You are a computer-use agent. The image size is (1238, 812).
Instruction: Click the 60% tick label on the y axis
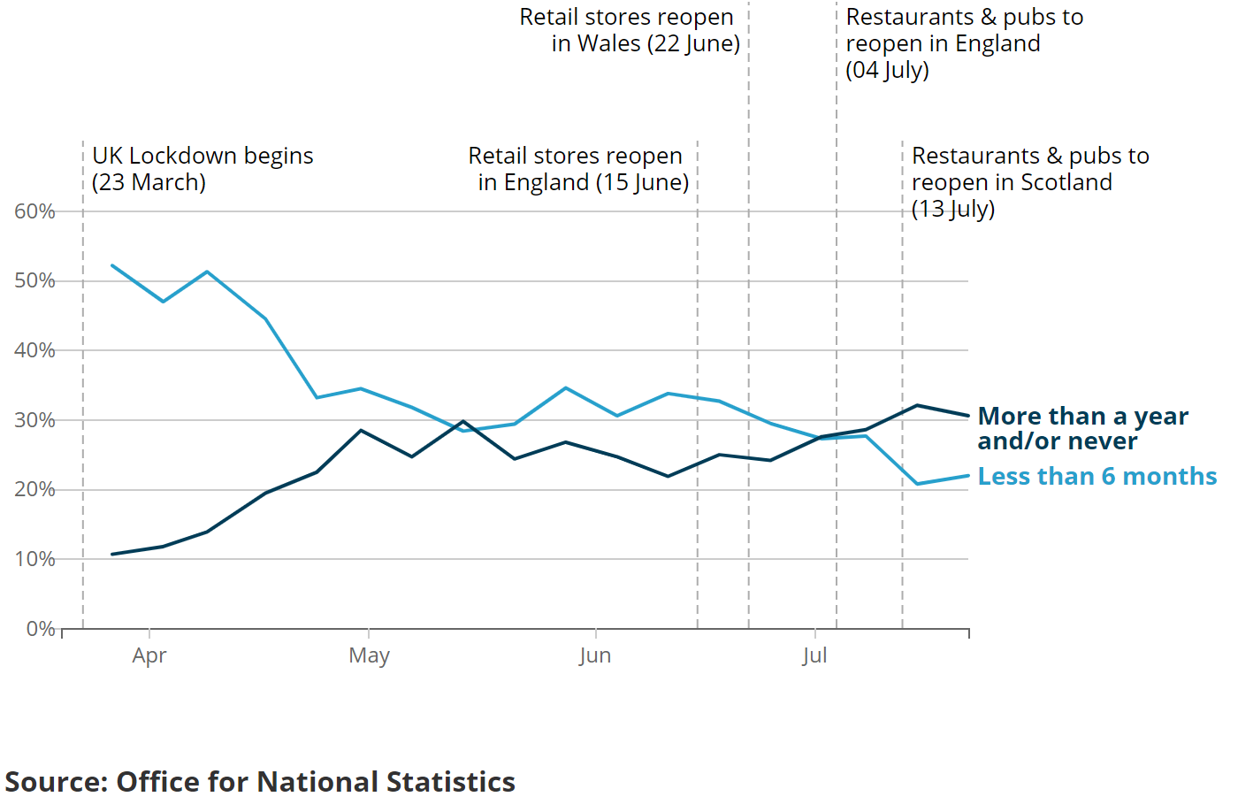34,211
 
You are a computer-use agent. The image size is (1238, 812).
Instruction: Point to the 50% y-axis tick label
34,280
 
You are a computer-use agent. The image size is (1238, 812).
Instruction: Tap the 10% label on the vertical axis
34,559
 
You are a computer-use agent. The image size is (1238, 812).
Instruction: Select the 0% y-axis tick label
41,629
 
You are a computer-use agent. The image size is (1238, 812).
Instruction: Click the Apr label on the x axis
149,655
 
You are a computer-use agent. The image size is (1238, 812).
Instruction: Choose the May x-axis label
369,655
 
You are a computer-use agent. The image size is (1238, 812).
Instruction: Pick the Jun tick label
595,655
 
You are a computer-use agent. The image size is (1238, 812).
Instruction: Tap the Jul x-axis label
814,655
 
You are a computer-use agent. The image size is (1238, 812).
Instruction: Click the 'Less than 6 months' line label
1097,477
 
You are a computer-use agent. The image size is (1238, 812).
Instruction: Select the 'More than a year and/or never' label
1082,428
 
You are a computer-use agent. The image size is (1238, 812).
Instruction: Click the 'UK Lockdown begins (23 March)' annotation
203,169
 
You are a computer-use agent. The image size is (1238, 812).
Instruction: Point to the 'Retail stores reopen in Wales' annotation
630,30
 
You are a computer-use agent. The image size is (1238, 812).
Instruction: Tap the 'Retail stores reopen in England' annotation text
579,169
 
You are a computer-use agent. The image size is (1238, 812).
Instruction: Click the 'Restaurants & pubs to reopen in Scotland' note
1029,182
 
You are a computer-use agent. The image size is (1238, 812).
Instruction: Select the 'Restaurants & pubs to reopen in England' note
964,43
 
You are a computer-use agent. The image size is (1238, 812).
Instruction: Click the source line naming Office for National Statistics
260,782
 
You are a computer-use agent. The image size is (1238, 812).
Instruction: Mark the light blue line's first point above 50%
112,265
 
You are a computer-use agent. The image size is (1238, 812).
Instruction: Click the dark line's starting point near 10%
112,555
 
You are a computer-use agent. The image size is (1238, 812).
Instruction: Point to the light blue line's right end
968,476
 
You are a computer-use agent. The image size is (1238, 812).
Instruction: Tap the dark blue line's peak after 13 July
918,405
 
